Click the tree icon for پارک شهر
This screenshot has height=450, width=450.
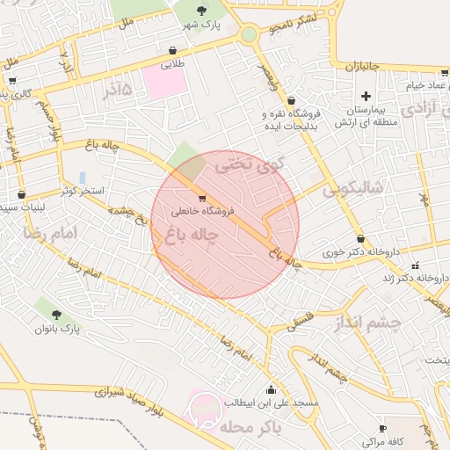(x=202, y=11)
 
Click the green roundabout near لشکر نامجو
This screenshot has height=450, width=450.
(x=249, y=35)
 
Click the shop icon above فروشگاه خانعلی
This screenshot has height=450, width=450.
(x=203, y=199)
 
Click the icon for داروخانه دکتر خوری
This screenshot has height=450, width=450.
(x=360, y=239)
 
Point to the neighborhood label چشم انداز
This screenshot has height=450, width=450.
(x=367, y=323)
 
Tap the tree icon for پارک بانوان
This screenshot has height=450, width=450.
(x=57, y=314)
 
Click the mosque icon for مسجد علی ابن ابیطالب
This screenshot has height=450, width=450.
(x=271, y=389)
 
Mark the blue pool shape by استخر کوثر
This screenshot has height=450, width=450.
(x=82, y=178)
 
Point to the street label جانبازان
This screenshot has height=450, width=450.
(x=364, y=66)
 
